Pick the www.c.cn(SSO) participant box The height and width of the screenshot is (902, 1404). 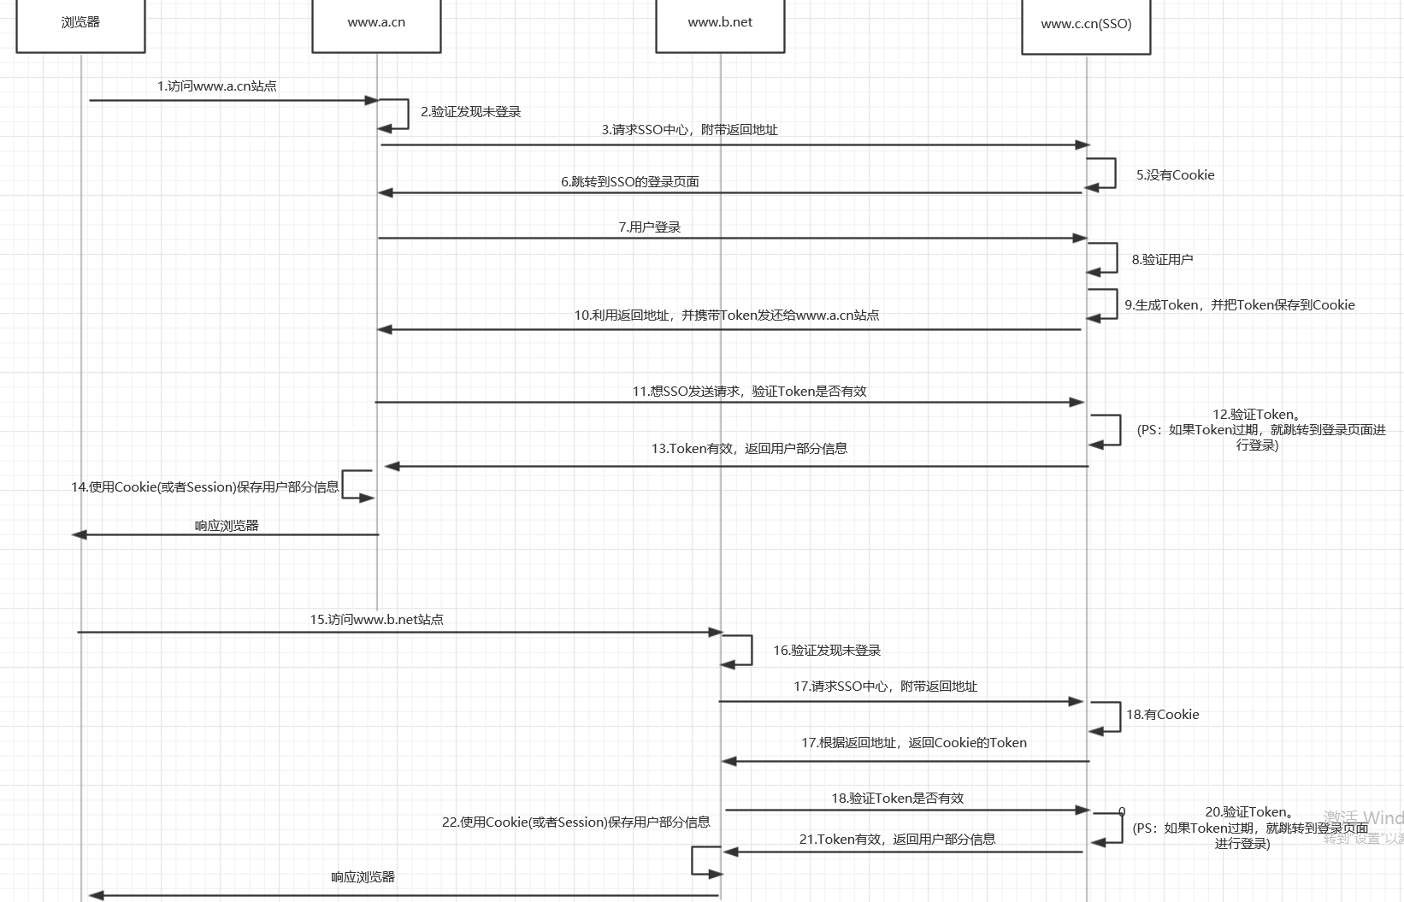click(x=1086, y=25)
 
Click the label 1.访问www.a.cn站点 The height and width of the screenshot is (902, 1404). click(x=216, y=86)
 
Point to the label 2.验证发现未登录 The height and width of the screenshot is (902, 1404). click(x=470, y=112)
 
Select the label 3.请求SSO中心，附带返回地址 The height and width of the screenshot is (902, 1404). click(x=689, y=130)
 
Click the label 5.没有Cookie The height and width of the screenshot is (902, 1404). click(x=1175, y=175)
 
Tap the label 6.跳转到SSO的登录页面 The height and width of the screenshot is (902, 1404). click(x=630, y=182)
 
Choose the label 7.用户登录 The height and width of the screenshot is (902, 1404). click(x=650, y=227)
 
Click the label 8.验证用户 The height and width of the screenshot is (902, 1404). click(x=1162, y=260)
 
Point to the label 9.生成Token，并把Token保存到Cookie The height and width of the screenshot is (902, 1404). click(x=1240, y=305)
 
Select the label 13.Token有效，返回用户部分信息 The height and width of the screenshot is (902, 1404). click(x=749, y=449)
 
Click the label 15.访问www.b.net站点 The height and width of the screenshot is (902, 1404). click(x=376, y=620)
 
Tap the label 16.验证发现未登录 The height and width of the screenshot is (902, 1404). click(x=827, y=651)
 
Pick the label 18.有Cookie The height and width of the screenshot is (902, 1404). click(x=1162, y=715)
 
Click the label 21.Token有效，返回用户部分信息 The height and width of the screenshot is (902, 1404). click(x=897, y=840)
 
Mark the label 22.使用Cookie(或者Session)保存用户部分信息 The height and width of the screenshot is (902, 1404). click(x=575, y=822)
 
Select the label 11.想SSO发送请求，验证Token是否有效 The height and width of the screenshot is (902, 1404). click(x=749, y=392)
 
